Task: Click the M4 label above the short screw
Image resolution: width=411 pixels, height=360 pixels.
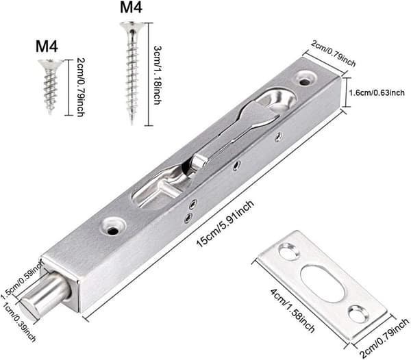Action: (x=47, y=47)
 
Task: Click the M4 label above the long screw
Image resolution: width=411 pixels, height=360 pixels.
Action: (x=131, y=7)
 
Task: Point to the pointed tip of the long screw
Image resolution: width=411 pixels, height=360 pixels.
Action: (x=132, y=123)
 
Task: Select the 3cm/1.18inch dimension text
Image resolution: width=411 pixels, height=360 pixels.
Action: (x=158, y=75)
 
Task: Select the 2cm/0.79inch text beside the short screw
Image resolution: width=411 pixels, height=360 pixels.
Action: (x=80, y=87)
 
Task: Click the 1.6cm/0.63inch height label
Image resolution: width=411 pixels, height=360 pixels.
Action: (x=377, y=92)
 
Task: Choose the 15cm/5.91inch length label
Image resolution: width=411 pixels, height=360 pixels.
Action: (x=225, y=223)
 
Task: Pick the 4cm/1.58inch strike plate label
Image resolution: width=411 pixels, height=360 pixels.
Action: (x=292, y=310)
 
